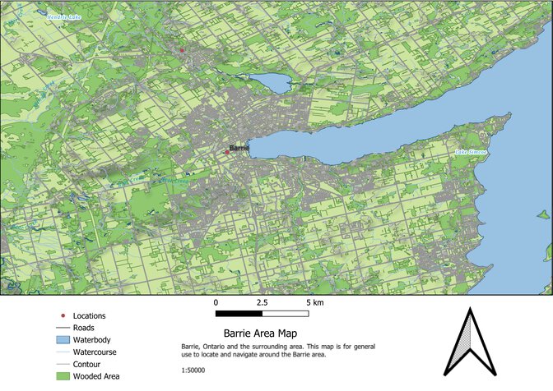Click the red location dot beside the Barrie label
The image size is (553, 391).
(x=227, y=152)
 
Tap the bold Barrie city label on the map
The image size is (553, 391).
(x=239, y=148)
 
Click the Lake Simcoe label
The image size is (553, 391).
(x=472, y=152)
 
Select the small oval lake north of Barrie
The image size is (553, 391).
(x=269, y=82)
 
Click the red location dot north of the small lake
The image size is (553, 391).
(x=182, y=50)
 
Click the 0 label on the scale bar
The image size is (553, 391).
(x=216, y=302)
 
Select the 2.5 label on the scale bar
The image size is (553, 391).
(x=262, y=302)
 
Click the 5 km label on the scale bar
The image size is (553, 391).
(x=314, y=302)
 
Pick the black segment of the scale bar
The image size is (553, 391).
(x=239, y=313)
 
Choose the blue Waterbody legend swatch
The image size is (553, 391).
(x=64, y=339)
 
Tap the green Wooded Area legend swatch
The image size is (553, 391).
(x=64, y=376)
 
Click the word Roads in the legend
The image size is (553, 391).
(x=84, y=327)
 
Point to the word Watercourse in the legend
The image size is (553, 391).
(x=94, y=352)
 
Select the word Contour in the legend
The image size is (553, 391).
(x=87, y=364)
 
